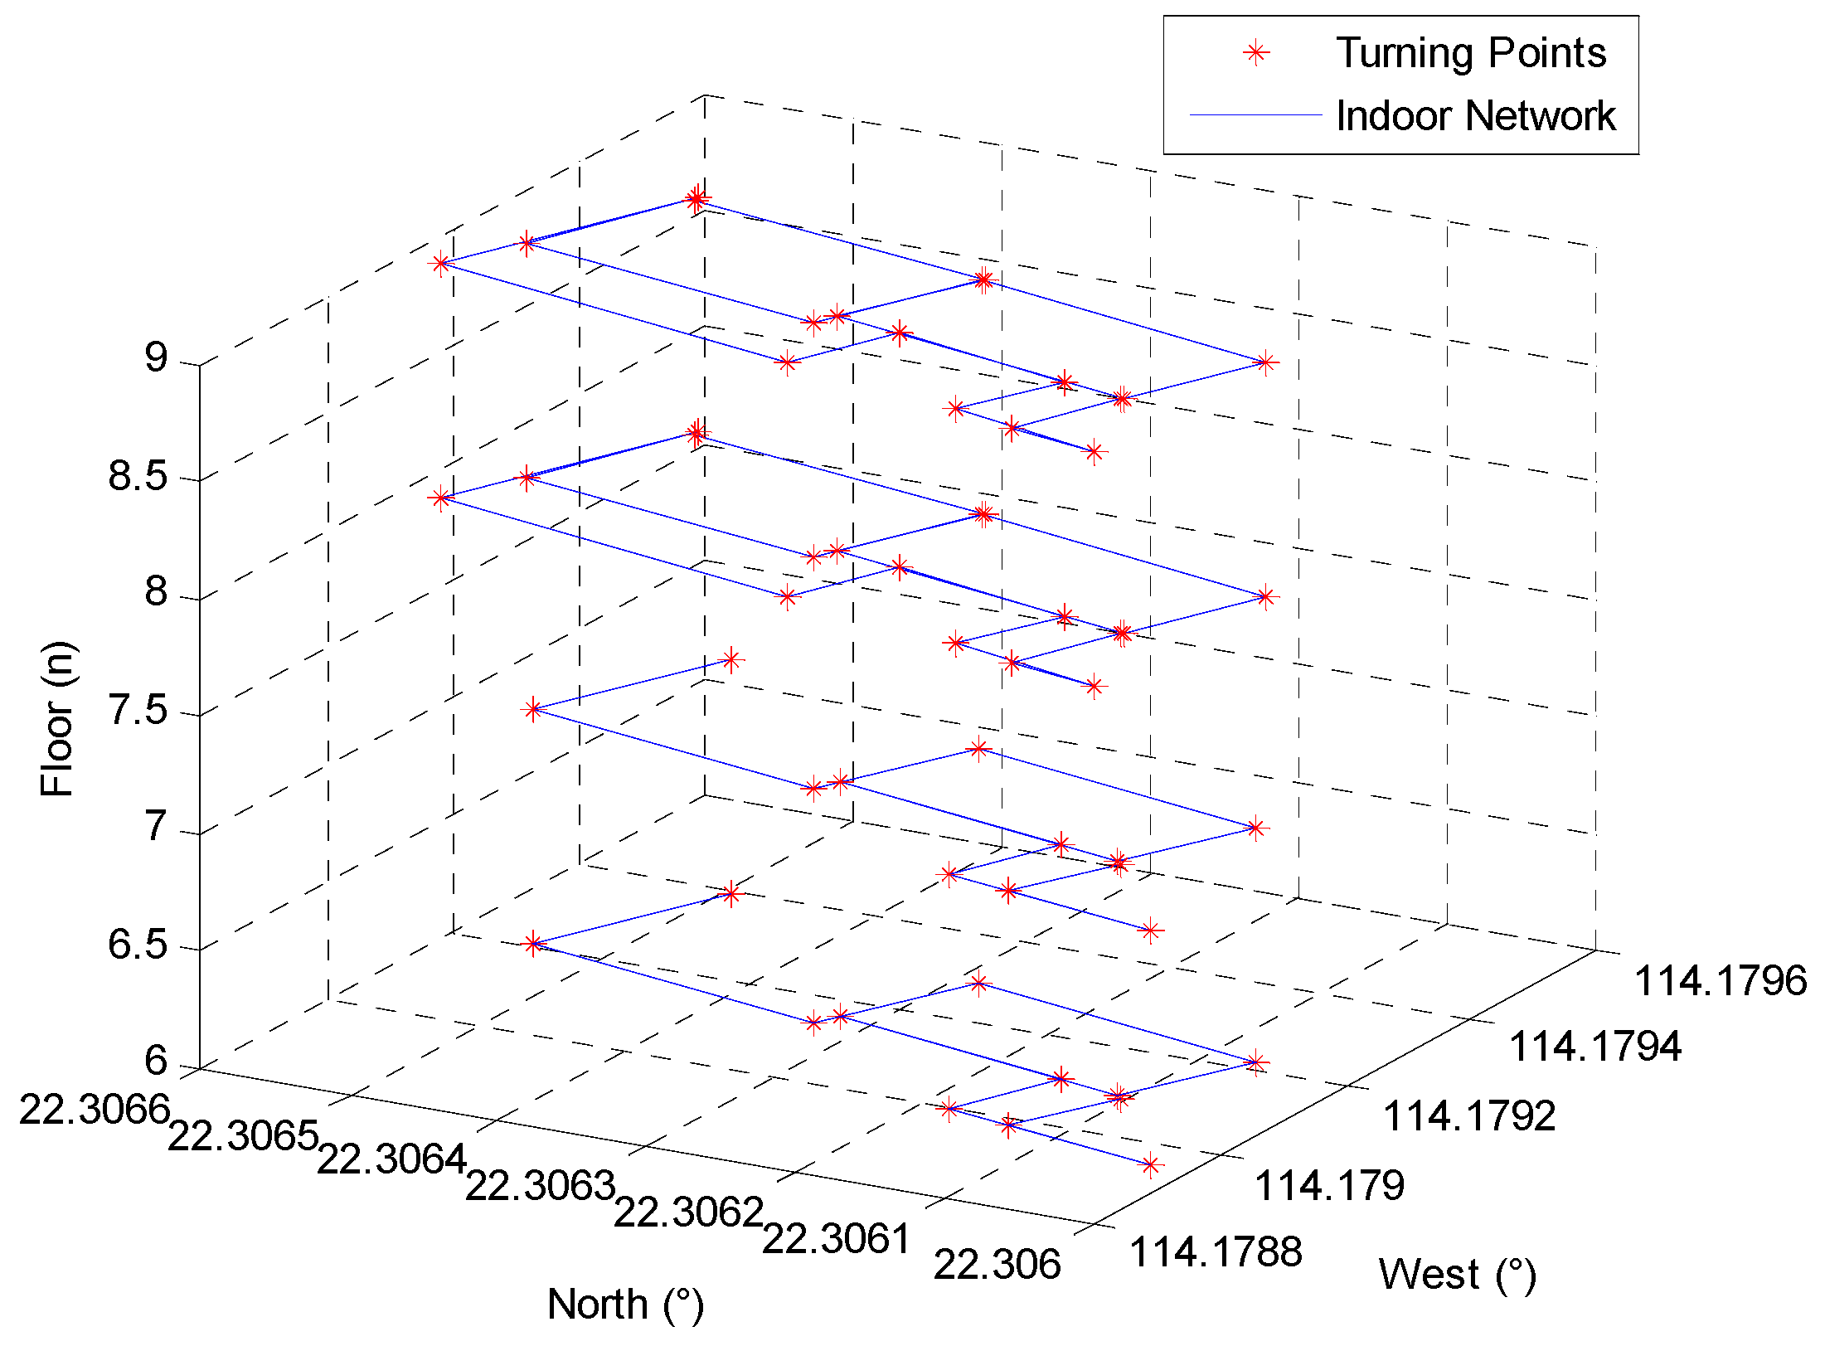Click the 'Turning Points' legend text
coord(1471,54)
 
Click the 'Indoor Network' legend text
coord(1475,115)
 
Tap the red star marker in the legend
coord(1256,54)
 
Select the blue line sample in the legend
coord(1255,115)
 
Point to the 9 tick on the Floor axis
coord(156,357)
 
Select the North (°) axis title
coord(625,1305)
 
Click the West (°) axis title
coord(1457,1275)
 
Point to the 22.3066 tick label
coord(95,1109)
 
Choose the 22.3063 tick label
coord(540,1185)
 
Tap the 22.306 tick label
coord(997,1265)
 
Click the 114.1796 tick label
coord(1720,981)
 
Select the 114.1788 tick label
coord(1216,1252)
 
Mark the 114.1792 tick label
coord(1469,1116)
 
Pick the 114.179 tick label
coord(1329,1186)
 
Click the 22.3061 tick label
coord(837,1239)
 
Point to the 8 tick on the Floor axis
coord(156,592)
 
